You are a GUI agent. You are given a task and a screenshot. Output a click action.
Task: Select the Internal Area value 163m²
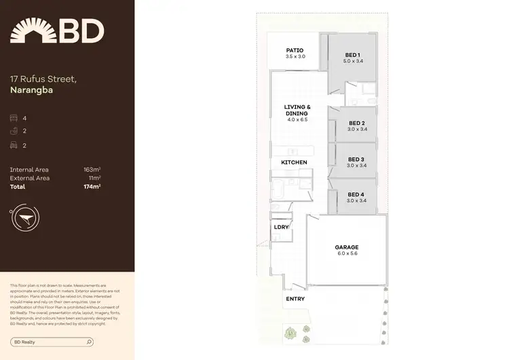(x=92, y=169)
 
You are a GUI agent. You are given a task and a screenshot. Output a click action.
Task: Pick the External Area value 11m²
(x=94, y=177)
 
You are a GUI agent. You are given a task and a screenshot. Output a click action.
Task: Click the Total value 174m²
(x=92, y=186)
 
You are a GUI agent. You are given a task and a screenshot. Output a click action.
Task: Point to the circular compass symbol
(x=24, y=217)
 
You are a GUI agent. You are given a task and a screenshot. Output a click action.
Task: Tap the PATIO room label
(x=294, y=50)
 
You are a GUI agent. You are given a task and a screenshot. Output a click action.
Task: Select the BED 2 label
(x=356, y=123)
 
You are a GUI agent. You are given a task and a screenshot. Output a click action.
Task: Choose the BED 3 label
(x=356, y=159)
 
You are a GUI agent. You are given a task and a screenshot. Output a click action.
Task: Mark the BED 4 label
(x=356, y=195)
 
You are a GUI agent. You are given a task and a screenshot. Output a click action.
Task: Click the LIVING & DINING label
(x=297, y=110)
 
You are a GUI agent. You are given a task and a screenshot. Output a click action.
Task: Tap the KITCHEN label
(x=295, y=162)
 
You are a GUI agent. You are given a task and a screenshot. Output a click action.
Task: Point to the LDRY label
(x=281, y=227)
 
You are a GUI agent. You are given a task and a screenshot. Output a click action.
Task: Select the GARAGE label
(x=346, y=247)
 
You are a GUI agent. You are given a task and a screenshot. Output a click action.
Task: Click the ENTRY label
(x=295, y=299)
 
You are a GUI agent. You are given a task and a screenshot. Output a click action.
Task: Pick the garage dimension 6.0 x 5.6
(x=346, y=253)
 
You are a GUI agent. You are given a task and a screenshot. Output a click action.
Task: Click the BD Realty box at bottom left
(x=58, y=342)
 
